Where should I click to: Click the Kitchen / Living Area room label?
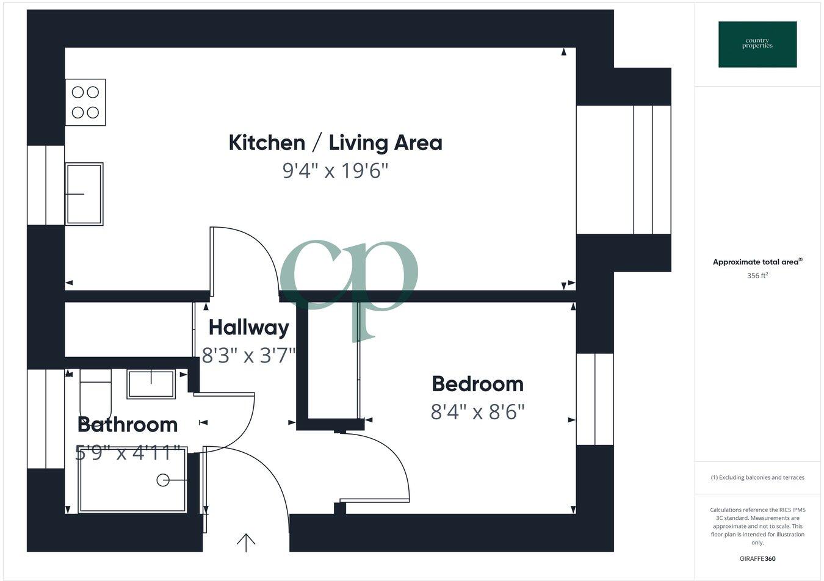(335, 143)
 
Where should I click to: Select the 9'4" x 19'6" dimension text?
(335, 171)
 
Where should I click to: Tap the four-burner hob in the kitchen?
(85, 103)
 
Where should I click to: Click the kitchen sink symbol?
(84, 193)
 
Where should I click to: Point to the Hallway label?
(248, 328)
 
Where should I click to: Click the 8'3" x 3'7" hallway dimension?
(248, 355)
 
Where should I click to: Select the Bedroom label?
(477, 384)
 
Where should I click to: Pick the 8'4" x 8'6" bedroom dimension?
(477, 412)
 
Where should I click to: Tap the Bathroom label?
(128, 424)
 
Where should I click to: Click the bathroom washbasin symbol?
(151, 384)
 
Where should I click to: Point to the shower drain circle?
(163, 480)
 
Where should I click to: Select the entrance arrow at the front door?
(246, 542)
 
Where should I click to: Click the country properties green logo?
(757, 44)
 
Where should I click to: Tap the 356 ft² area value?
(757, 276)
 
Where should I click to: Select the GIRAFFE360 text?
(757, 558)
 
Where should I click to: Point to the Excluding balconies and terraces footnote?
(757, 477)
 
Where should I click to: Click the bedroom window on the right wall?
(595, 399)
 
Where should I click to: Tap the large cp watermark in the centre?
(350, 281)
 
